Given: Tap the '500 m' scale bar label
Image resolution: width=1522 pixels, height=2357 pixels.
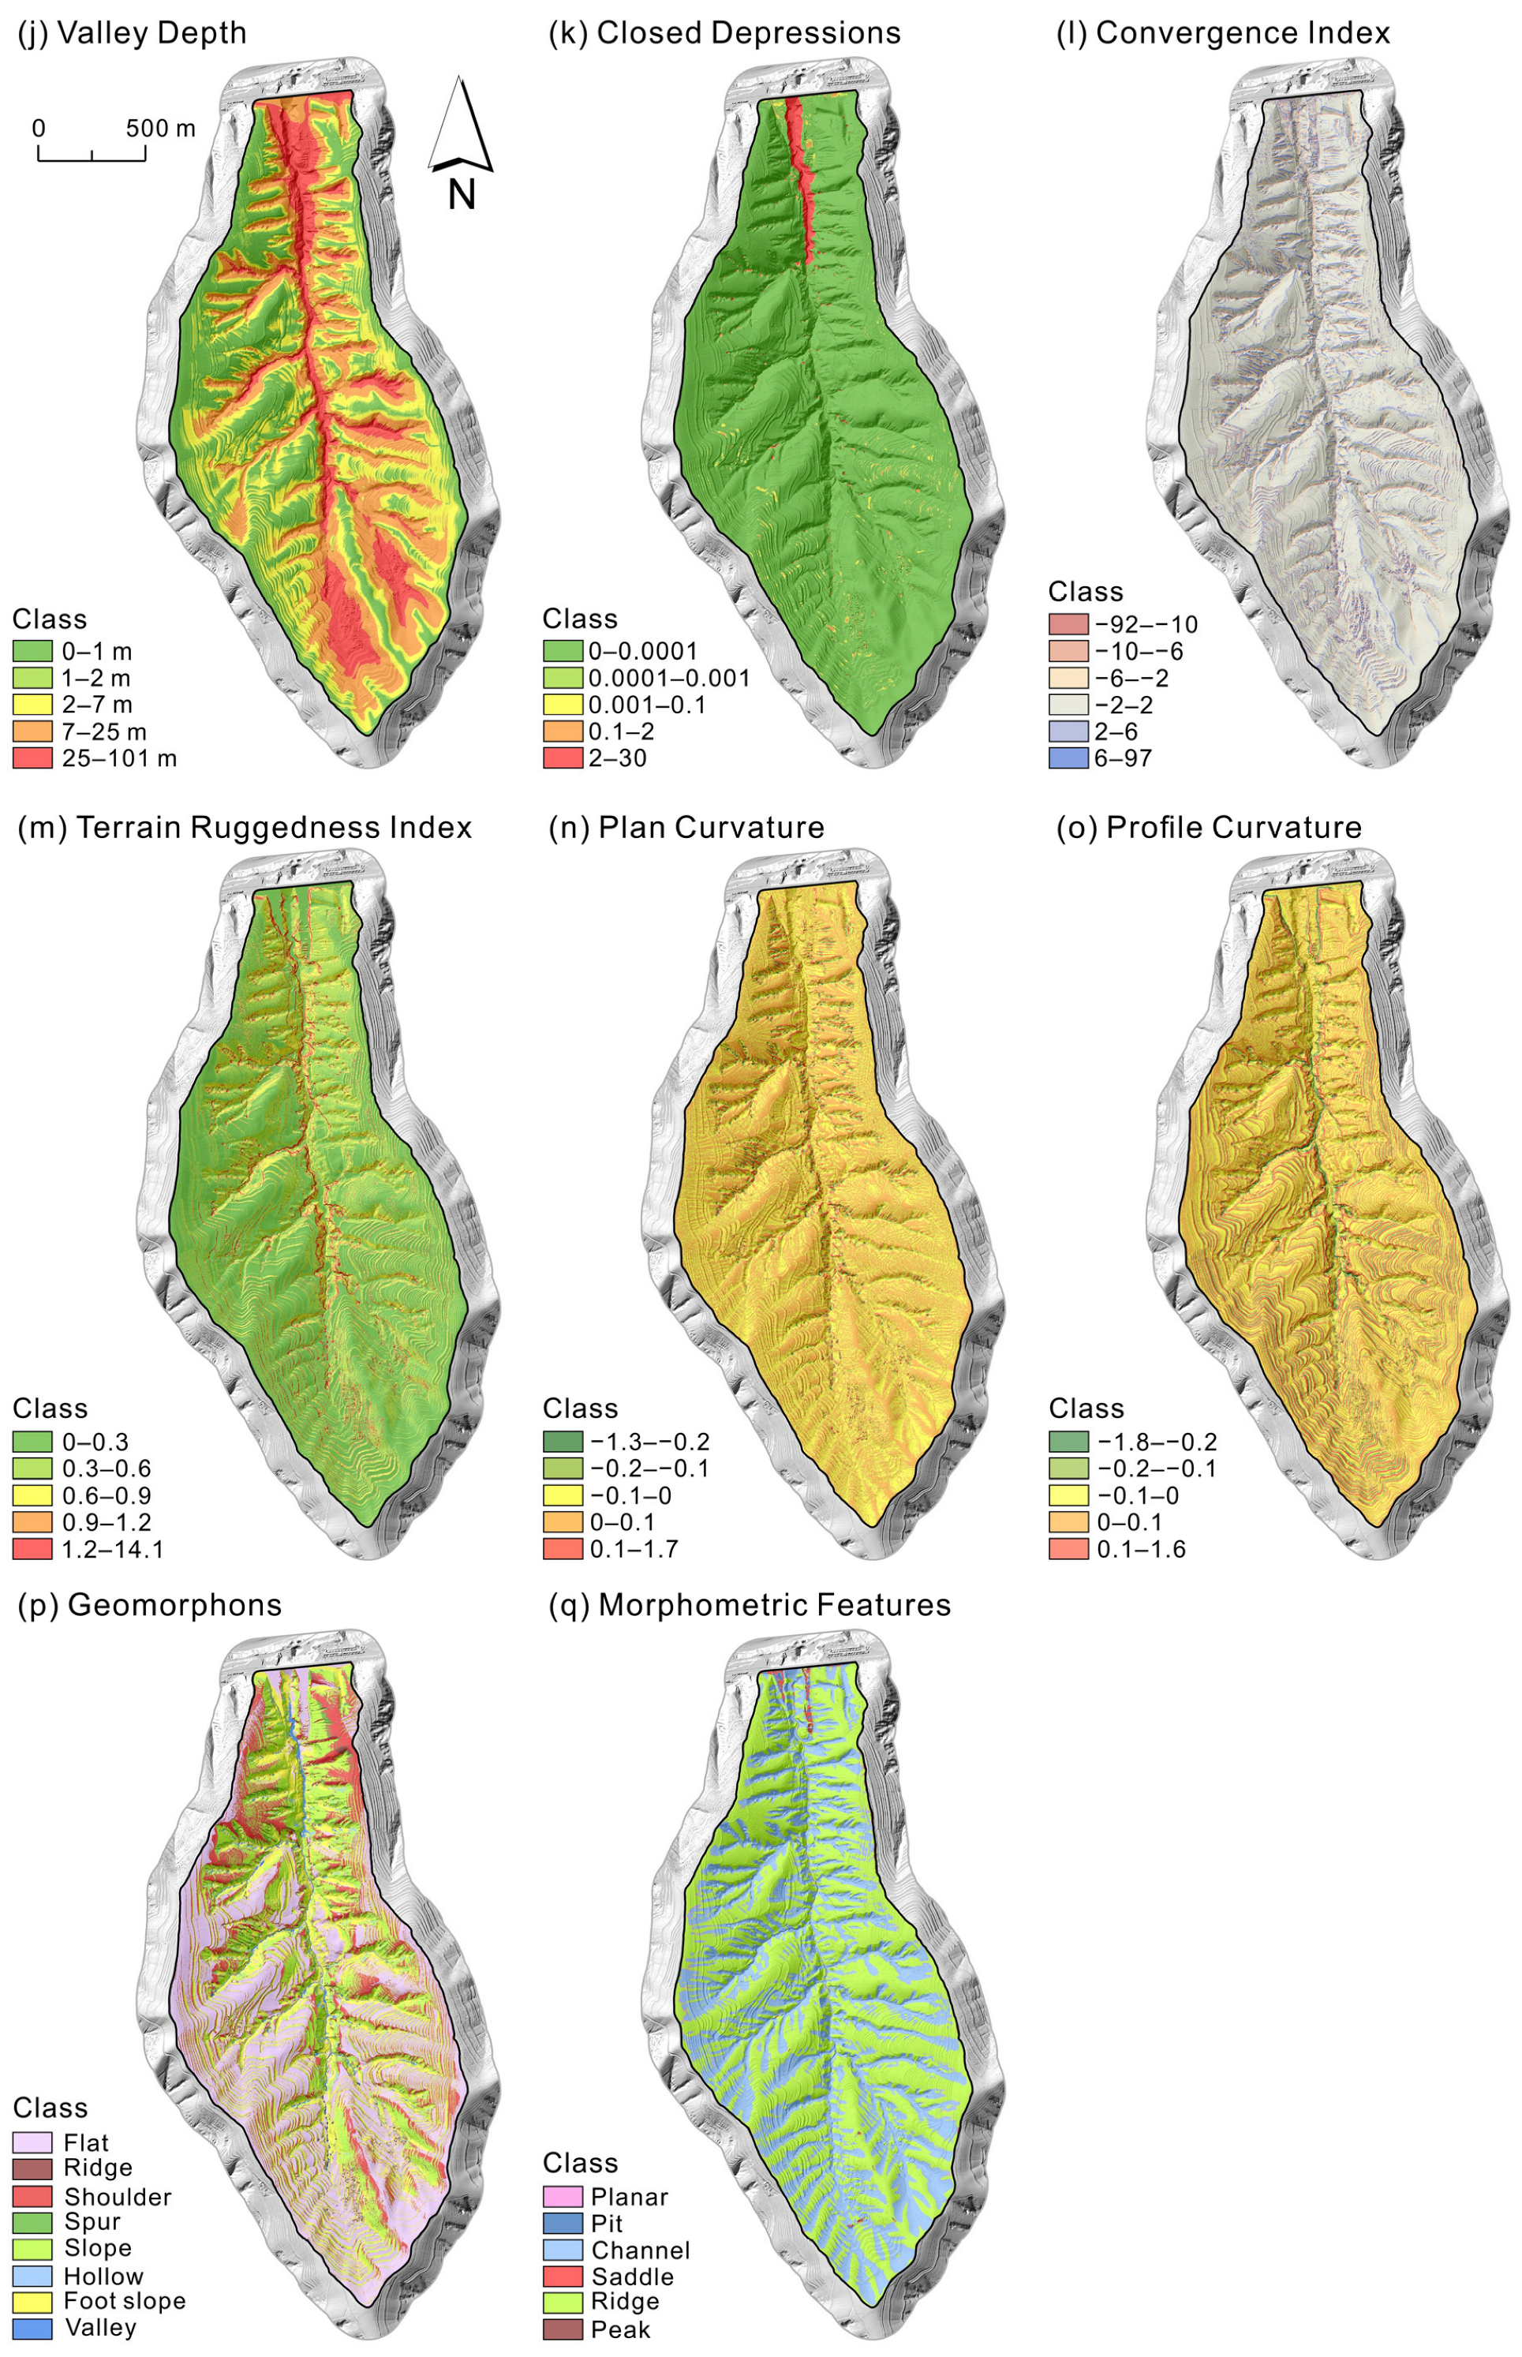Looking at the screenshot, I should (160, 129).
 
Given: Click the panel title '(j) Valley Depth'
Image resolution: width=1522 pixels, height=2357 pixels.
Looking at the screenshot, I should (133, 32).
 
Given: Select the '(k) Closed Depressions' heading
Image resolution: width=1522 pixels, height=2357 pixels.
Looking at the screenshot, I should (724, 32).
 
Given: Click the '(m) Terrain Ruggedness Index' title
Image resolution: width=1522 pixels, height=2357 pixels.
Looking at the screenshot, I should (245, 827).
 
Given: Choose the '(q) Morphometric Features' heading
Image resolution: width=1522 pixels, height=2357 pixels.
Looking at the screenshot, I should (749, 1604).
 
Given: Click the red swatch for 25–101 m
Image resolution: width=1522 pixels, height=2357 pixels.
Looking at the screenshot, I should (32, 758).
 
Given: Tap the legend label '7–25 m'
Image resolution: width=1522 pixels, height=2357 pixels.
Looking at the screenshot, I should (104, 731).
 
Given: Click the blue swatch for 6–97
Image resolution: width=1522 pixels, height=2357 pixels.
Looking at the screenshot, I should (1068, 758).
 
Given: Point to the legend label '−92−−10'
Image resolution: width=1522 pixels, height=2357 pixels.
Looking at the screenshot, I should (1146, 625).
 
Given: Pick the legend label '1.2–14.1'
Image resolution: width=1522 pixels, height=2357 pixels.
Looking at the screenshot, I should (112, 1549).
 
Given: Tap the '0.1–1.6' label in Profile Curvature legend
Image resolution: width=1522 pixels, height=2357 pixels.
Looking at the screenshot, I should (1140, 1549).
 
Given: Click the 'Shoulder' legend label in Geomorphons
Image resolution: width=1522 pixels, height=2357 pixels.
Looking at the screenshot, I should (118, 2196).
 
